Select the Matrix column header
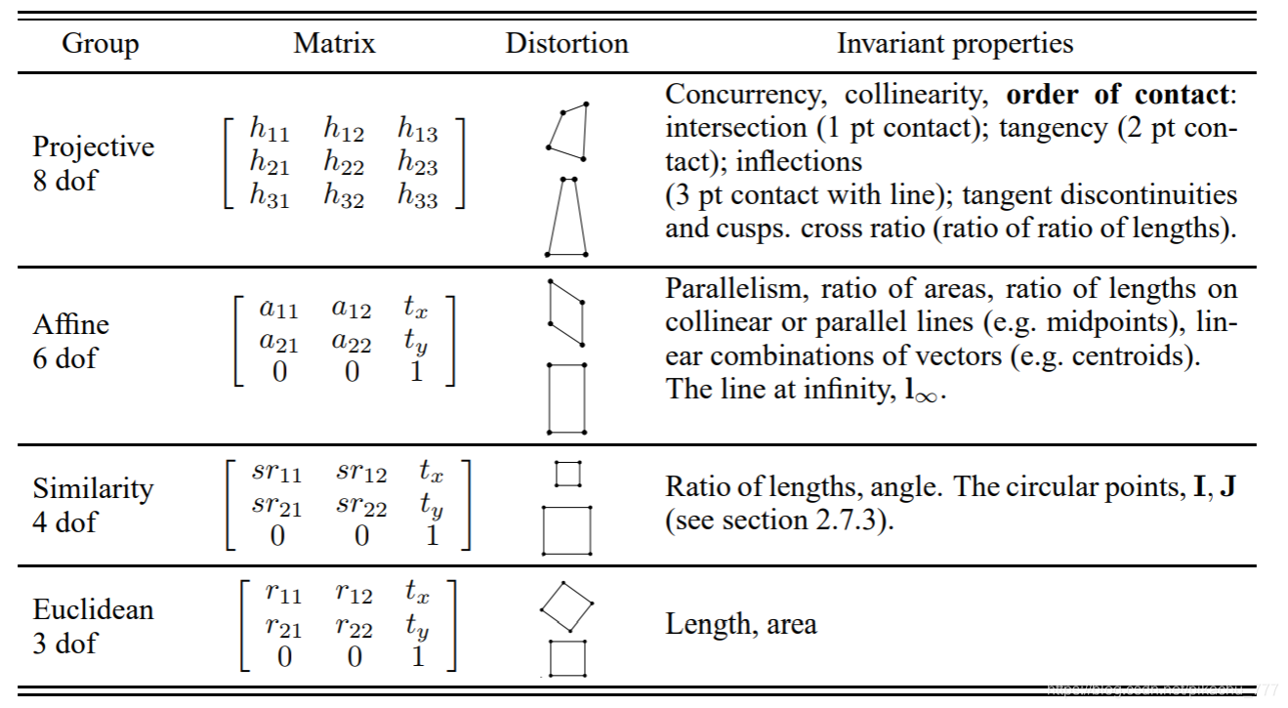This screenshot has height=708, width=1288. tap(334, 44)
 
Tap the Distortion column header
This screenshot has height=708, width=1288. tap(566, 44)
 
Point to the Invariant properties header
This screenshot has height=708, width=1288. tap(954, 44)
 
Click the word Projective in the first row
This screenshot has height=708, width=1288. tap(94, 146)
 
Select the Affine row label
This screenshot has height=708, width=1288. tap(71, 324)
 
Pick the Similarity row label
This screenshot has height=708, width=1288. tap(94, 488)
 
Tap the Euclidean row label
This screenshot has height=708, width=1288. tap(94, 609)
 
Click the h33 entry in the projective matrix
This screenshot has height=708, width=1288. tap(417, 196)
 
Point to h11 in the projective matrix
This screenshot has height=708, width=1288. tap(270, 128)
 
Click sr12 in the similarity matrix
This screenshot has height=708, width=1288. tap(360, 474)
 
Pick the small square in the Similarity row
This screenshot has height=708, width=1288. tap(567, 474)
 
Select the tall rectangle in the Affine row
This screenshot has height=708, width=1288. tap(566, 397)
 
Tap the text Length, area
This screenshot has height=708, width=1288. tap(741, 625)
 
